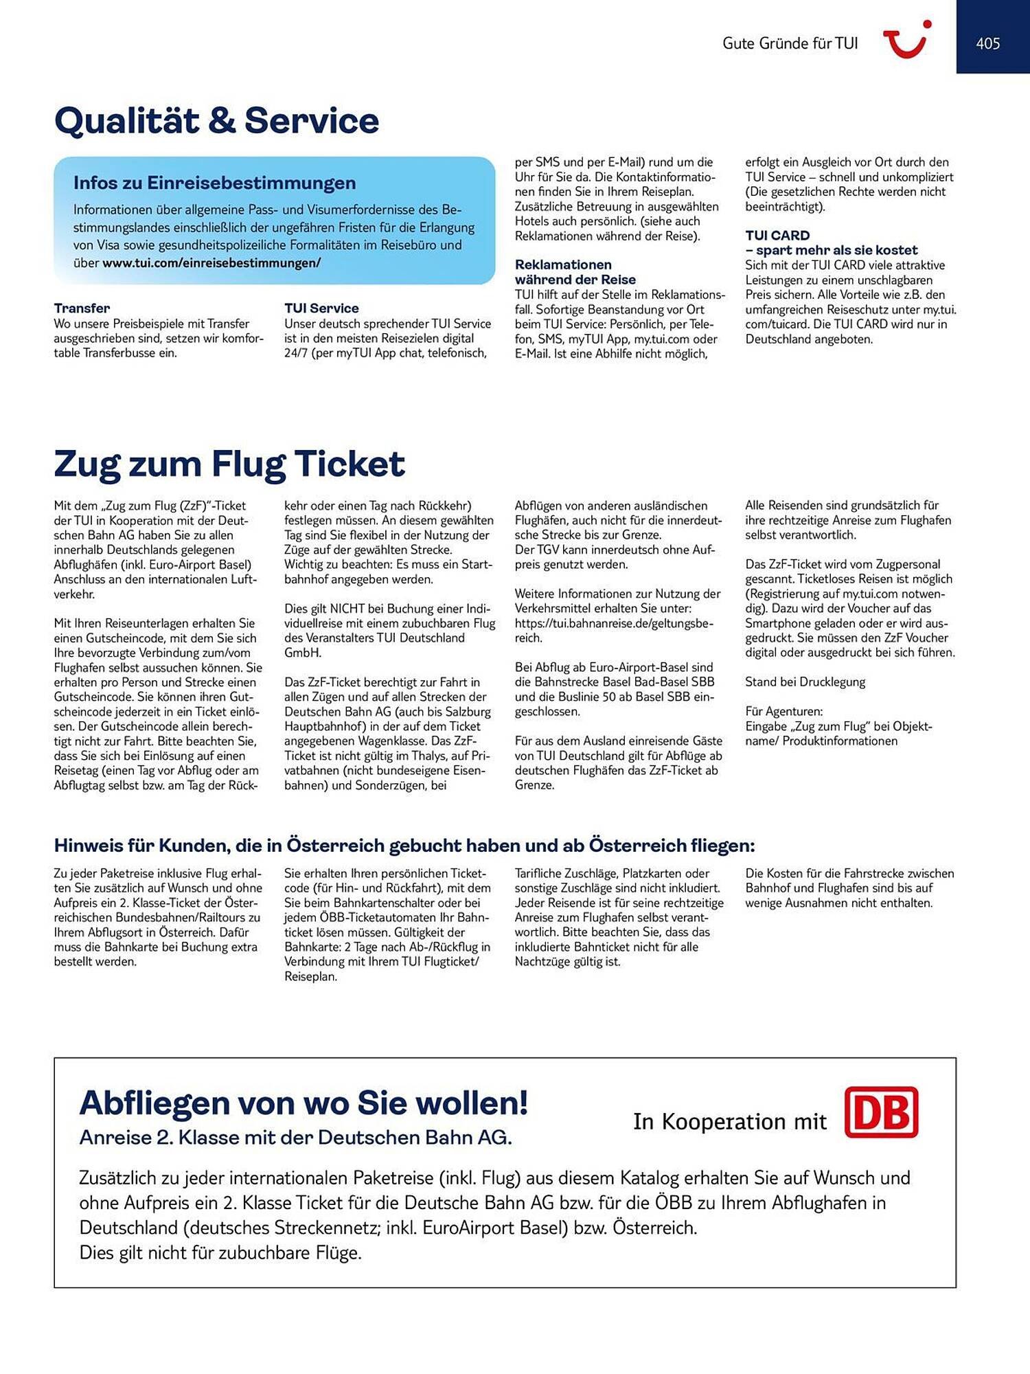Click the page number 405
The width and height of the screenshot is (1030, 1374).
tap(987, 43)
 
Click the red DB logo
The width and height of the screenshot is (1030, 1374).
tap(881, 1112)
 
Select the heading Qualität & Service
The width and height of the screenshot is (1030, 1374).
tap(216, 121)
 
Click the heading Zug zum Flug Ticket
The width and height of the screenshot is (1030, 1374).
tap(229, 464)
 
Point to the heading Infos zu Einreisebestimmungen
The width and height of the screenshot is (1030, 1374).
tap(214, 183)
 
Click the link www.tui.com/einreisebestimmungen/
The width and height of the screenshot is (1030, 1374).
tap(211, 263)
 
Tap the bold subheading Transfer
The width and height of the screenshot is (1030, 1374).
tap(82, 308)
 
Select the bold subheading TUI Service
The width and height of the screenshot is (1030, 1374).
tap(321, 308)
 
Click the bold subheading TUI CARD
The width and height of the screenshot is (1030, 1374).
tap(777, 236)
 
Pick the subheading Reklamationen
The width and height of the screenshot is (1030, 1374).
tap(563, 265)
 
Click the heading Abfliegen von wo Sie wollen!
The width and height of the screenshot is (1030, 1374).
tap(304, 1103)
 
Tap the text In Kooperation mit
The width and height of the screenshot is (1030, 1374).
tap(729, 1121)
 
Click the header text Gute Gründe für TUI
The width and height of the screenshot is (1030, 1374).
tap(790, 43)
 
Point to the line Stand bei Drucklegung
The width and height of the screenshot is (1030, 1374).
tap(805, 682)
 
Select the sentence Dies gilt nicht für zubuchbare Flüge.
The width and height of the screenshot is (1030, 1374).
tap(220, 1252)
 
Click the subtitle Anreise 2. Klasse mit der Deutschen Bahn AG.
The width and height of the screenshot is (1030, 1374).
tap(296, 1138)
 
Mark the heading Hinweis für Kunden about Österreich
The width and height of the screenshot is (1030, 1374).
tap(404, 846)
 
